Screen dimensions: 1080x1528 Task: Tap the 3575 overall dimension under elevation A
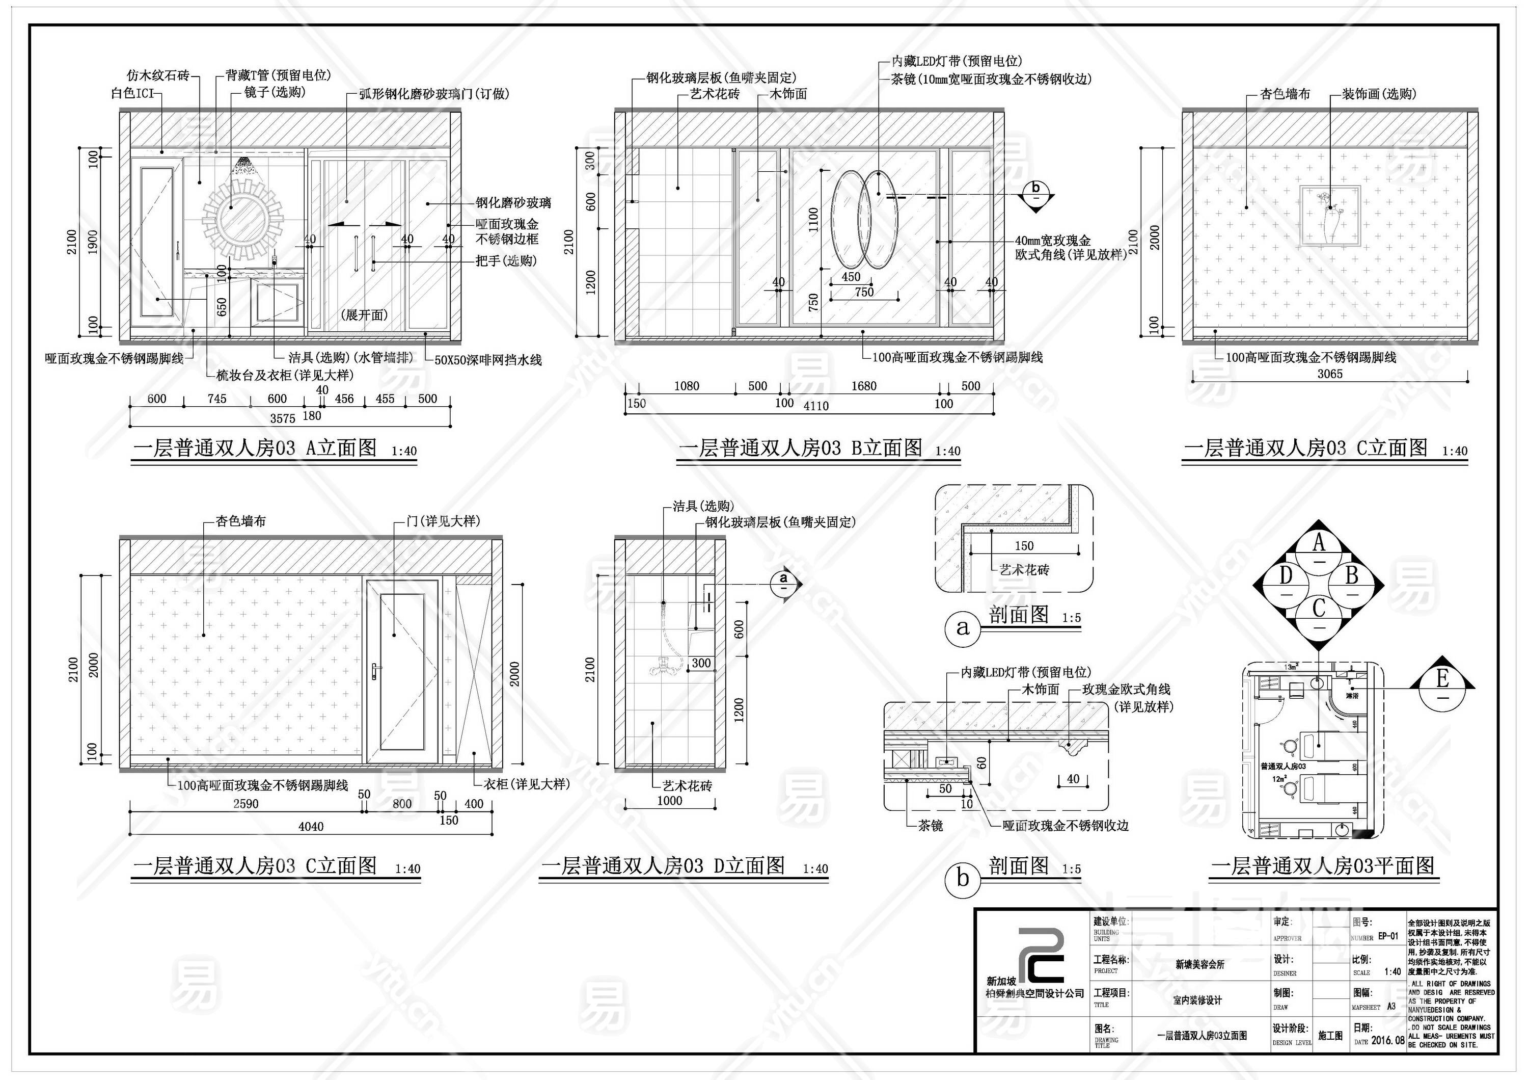pos(282,418)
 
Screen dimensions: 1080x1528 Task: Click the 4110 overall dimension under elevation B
pos(816,406)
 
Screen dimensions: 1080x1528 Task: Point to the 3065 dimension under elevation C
pos(1330,374)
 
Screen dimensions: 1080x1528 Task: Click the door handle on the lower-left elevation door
pos(376,669)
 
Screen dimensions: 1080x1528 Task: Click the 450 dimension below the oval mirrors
pos(851,276)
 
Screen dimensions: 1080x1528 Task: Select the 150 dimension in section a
pos(1024,545)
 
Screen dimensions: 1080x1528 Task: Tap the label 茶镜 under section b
pos(931,826)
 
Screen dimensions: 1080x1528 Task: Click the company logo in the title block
pos(1043,956)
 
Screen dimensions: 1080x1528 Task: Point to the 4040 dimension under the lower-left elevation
pos(311,826)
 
